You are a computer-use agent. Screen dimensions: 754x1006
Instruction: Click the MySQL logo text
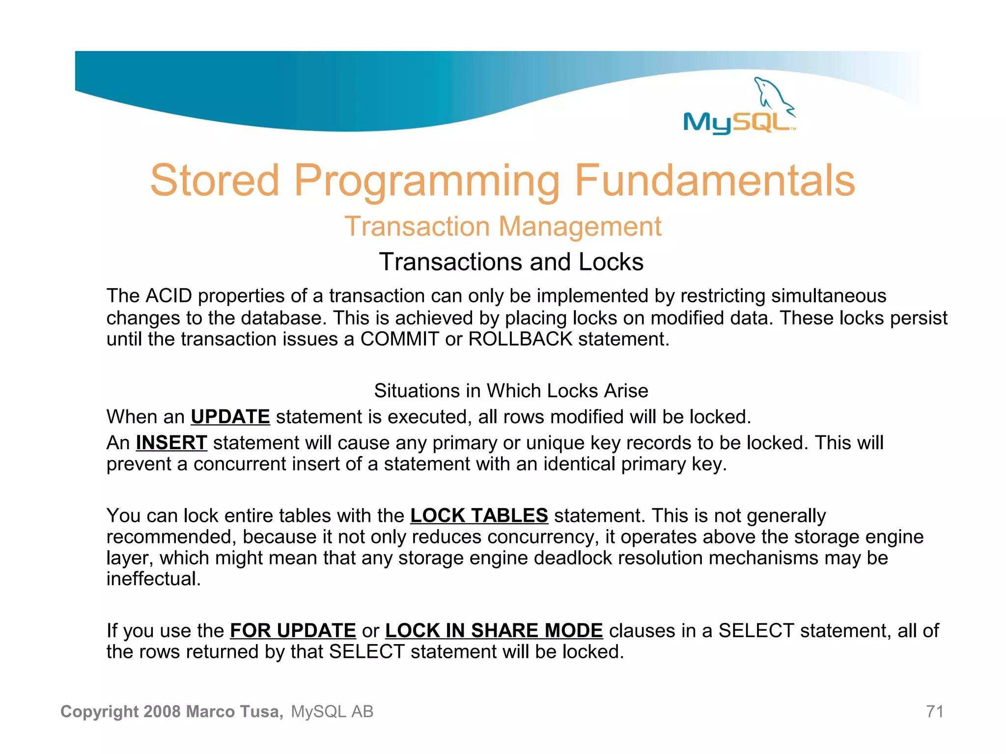(x=737, y=122)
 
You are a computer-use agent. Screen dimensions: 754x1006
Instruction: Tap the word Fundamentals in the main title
(x=715, y=181)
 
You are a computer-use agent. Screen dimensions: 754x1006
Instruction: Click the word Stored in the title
(x=215, y=181)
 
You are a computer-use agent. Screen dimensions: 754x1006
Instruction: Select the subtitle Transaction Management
(x=503, y=227)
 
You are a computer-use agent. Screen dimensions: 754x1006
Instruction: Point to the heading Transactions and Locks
(x=511, y=262)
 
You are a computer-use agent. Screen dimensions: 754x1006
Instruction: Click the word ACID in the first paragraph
(x=168, y=296)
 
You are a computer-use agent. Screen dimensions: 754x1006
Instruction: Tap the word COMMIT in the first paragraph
(x=399, y=339)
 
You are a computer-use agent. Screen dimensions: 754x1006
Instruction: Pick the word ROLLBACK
(x=520, y=339)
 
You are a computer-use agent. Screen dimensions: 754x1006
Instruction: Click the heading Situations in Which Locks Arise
(x=511, y=391)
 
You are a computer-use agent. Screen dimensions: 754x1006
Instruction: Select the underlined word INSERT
(x=171, y=443)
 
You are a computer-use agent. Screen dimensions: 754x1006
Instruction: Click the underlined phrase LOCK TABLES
(x=479, y=515)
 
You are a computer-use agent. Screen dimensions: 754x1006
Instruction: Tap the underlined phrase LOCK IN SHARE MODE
(x=494, y=630)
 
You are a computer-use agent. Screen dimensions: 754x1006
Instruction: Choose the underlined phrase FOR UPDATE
(x=293, y=630)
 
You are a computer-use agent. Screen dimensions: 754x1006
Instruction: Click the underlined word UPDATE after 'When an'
(x=230, y=417)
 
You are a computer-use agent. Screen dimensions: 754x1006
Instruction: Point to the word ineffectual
(x=153, y=579)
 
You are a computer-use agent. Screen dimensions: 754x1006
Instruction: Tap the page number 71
(x=934, y=711)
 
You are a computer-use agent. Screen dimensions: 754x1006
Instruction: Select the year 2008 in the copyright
(x=163, y=711)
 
